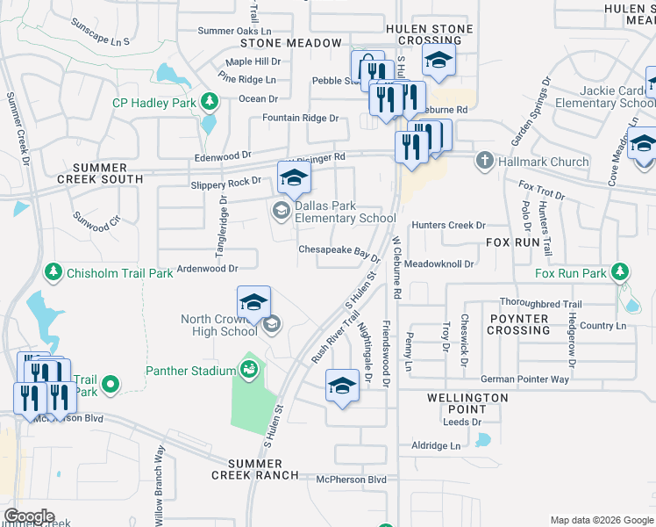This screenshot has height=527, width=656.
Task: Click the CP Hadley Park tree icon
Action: (209, 103)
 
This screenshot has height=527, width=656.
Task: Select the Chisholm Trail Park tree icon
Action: (53, 273)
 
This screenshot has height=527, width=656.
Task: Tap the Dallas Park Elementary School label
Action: (344, 213)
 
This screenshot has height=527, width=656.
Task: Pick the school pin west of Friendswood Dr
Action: (342, 386)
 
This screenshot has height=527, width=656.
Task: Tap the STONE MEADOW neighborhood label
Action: (291, 43)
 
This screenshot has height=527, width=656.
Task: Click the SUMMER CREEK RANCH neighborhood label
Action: (255, 469)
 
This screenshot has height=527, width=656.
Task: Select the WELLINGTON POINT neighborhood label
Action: (467, 403)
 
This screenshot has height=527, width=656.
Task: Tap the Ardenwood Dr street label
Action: (208, 268)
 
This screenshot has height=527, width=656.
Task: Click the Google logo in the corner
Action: (30, 516)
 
